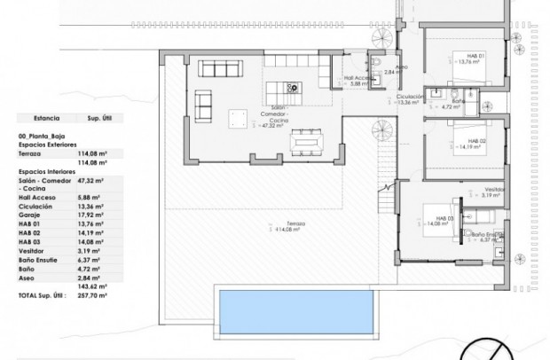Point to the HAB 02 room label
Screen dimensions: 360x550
coord(475,141)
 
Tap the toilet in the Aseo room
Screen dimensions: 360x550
coord(377,62)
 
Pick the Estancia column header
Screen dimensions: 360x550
coord(46,117)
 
